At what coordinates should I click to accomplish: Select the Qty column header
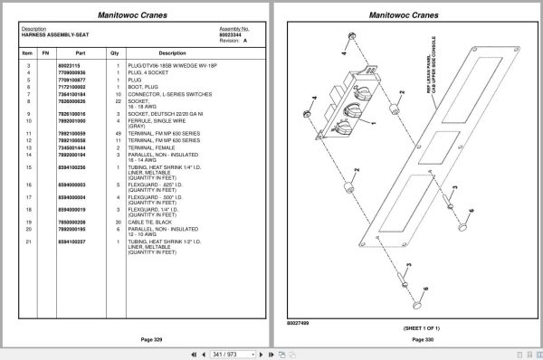tap(115, 52)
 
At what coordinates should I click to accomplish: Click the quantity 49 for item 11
tap(118, 134)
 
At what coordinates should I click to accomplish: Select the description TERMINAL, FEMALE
tap(150, 147)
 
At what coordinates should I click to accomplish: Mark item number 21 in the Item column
tap(28, 242)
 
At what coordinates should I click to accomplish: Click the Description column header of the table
tap(171, 52)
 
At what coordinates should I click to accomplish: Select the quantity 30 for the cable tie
tap(118, 222)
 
